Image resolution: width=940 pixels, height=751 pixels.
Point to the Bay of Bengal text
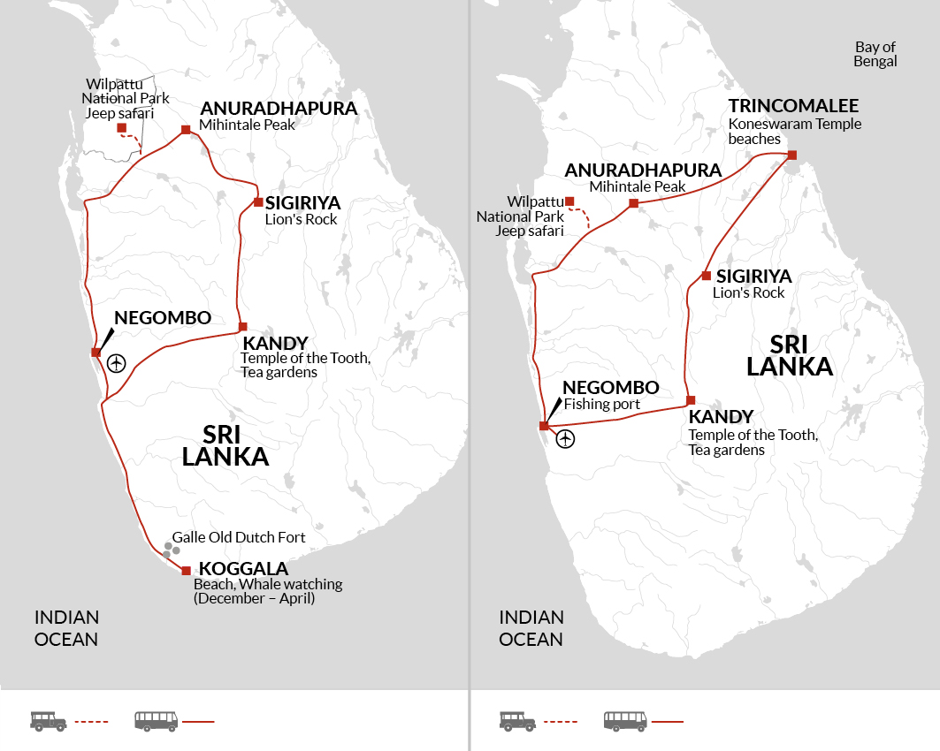[875, 54]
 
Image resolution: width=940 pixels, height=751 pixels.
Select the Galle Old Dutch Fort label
[239, 537]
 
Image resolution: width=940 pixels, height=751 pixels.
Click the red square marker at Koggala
[186, 571]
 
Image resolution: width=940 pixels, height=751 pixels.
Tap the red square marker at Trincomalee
[791, 156]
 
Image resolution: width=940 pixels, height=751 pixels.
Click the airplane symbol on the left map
[116, 362]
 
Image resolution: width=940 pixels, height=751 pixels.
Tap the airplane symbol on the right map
[564, 437]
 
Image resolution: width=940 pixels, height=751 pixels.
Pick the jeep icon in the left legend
[49, 721]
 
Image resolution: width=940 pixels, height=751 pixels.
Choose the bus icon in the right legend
[625, 721]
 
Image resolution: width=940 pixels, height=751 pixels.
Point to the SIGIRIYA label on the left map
[302, 203]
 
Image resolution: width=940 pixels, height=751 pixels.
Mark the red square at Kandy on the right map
[691, 400]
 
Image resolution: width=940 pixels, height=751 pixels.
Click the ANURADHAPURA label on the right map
[643, 170]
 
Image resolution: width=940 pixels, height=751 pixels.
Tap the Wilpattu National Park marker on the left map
[121, 127]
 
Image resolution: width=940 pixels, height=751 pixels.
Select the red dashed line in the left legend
[91, 722]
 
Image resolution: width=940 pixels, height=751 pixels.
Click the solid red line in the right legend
[667, 722]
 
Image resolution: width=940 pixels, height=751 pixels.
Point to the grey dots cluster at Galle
[170, 550]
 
